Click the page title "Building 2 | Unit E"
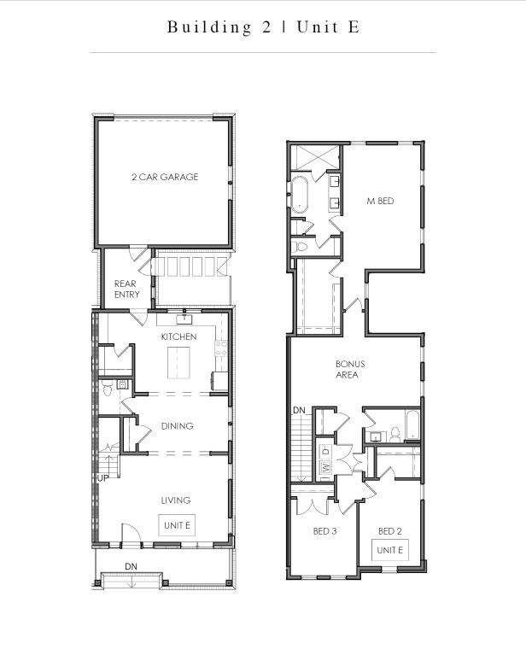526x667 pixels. click(263, 26)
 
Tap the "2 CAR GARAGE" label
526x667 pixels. click(165, 177)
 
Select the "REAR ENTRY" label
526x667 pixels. click(126, 289)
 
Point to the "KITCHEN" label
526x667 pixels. click(178, 336)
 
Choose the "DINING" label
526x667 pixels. click(177, 425)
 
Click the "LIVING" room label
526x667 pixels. click(176, 500)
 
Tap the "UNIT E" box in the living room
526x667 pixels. click(176, 524)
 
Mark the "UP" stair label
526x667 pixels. click(102, 477)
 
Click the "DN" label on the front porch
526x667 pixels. click(131, 566)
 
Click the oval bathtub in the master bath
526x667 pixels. click(301, 195)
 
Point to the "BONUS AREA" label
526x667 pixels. click(346, 369)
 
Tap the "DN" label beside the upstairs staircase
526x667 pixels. click(298, 412)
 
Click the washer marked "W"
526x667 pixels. click(325, 467)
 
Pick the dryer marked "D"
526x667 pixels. click(325, 449)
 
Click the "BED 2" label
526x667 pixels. click(389, 530)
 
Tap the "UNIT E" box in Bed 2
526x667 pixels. click(389, 549)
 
